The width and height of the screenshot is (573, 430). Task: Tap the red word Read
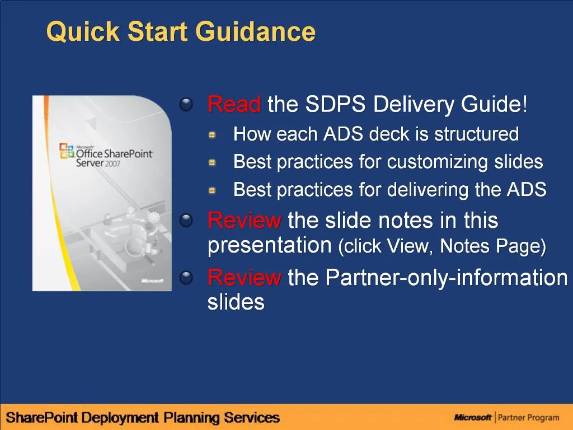click(x=234, y=104)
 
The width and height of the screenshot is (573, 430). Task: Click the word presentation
click(x=269, y=245)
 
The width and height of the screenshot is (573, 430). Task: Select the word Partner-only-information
click(x=447, y=277)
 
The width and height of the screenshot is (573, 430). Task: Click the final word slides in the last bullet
click(x=236, y=302)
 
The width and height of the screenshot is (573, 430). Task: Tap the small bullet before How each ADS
click(x=212, y=134)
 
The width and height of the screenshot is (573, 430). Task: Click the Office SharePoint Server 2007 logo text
click(x=114, y=157)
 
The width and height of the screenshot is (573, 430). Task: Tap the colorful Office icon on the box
click(x=67, y=151)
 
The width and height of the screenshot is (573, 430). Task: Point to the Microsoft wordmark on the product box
click(x=152, y=281)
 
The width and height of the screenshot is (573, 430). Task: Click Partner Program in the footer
click(x=528, y=418)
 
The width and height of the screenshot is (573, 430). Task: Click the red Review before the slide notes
click(x=244, y=221)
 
